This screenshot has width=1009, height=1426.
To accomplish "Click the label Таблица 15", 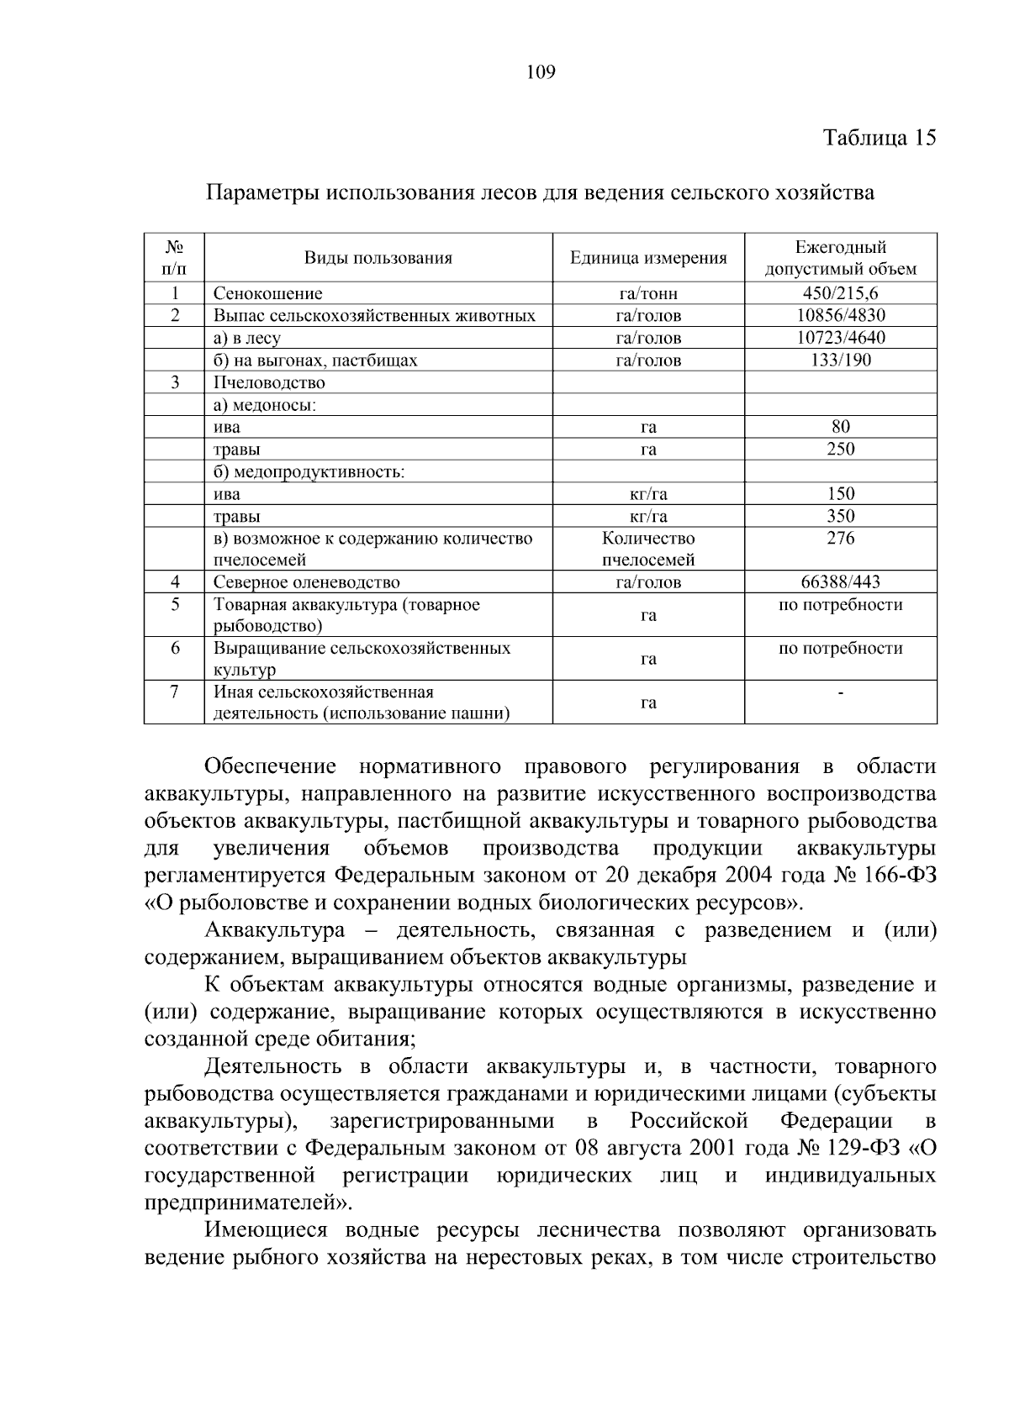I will pyautogui.click(x=879, y=138).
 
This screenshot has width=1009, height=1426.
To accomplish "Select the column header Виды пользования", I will pyautogui.click(x=378, y=258).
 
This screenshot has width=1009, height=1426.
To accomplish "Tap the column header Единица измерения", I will pyautogui.click(x=647, y=258).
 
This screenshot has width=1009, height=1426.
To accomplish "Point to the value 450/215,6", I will pyautogui.click(x=840, y=293).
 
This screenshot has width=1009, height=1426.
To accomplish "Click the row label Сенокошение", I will pyautogui.click(x=267, y=294).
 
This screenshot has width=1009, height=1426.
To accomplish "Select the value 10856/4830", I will pyautogui.click(x=840, y=316).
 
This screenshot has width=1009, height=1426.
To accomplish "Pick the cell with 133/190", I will pyautogui.click(x=840, y=360).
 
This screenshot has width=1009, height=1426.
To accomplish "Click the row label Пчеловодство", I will pyautogui.click(x=269, y=382).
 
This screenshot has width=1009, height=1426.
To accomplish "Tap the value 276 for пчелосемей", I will pyautogui.click(x=840, y=539).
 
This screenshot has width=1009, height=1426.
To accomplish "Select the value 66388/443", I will pyautogui.click(x=840, y=582).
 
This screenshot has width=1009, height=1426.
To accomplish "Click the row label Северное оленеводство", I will pyautogui.click(x=306, y=582).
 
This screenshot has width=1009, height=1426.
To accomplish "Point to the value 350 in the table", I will pyautogui.click(x=840, y=516).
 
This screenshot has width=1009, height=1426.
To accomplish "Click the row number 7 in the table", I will pyautogui.click(x=175, y=692).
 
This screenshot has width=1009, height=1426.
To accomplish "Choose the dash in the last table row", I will pyautogui.click(x=840, y=693).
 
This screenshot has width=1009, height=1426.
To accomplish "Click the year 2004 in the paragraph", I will pyautogui.click(x=730, y=875).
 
